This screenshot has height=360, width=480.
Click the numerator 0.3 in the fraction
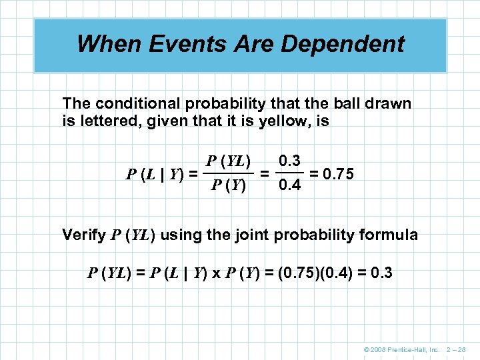[290, 161]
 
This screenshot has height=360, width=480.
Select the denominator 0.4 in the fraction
[290, 185]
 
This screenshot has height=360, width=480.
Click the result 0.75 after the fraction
[337, 173]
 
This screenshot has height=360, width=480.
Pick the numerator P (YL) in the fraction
[229, 161]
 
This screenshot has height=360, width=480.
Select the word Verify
[83, 235]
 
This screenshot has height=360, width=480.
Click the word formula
[392, 235]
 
